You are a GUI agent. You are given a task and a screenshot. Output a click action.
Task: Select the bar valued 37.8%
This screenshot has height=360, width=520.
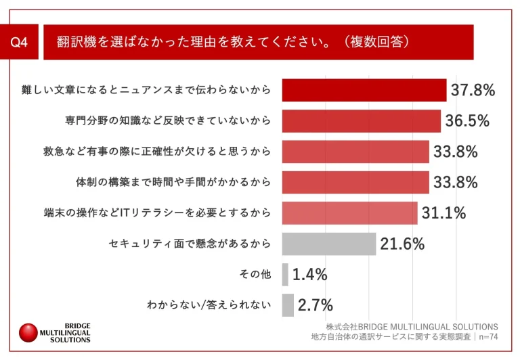click(x=364, y=90)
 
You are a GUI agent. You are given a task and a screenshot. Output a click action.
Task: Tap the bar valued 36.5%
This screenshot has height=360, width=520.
click(x=361, y=121)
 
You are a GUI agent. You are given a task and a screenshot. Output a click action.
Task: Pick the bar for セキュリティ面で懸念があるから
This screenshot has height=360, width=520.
click(x=328, y=244)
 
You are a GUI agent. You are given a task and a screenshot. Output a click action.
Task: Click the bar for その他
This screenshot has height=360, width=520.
click(x=285, y=274)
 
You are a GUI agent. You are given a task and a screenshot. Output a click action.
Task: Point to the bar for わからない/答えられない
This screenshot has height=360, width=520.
click(x=288, y=305)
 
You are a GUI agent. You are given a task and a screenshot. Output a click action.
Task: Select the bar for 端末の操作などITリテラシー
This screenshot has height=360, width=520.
click(x=349, y=213)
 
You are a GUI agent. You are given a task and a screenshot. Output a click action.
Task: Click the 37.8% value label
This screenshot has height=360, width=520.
click(x=473, y=90)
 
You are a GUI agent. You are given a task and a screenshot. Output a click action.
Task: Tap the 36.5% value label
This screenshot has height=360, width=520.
click(x=467, y=121)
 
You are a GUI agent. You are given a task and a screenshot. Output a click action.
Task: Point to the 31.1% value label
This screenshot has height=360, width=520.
click(x=443, y=213)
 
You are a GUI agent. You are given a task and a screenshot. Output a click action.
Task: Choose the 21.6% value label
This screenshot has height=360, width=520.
click(x=402, y=244)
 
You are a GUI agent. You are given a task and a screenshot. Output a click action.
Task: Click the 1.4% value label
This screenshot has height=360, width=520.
click(x=310, y=274)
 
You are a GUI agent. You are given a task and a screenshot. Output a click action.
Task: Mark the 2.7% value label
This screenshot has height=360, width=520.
click(x=315, y=305)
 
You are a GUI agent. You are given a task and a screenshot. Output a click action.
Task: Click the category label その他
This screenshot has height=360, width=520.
click(x=255, y=274)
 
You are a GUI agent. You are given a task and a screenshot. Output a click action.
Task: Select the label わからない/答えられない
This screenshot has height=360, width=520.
click(x=209, y=305)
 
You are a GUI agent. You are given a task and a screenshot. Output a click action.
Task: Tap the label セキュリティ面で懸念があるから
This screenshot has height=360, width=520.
click(x=190, y=244)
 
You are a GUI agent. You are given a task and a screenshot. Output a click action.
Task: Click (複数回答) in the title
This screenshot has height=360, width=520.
click(x=376, y=43)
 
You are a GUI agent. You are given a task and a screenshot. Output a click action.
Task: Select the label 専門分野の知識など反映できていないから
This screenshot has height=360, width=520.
click(x=169, y=121)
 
